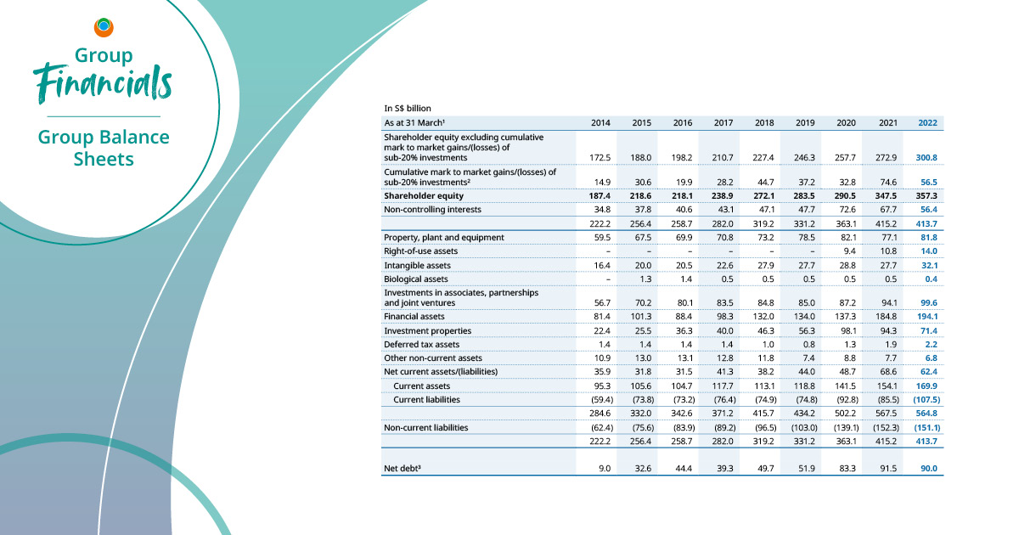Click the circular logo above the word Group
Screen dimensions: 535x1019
click(x=104, y=27)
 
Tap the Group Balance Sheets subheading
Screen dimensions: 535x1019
click(x=104, y=148)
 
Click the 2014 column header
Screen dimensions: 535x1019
click(x=600, y=123)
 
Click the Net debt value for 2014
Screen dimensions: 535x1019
click(x=604, y=468)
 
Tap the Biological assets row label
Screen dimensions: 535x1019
click(x=417, y=279)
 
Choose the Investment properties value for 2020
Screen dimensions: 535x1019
click(x=847, y=330)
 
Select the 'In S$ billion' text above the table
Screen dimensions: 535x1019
click(x=408, y=109)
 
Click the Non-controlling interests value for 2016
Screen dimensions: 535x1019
click(x=683, y=208)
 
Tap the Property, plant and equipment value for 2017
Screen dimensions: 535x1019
click(x=724, y=237)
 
